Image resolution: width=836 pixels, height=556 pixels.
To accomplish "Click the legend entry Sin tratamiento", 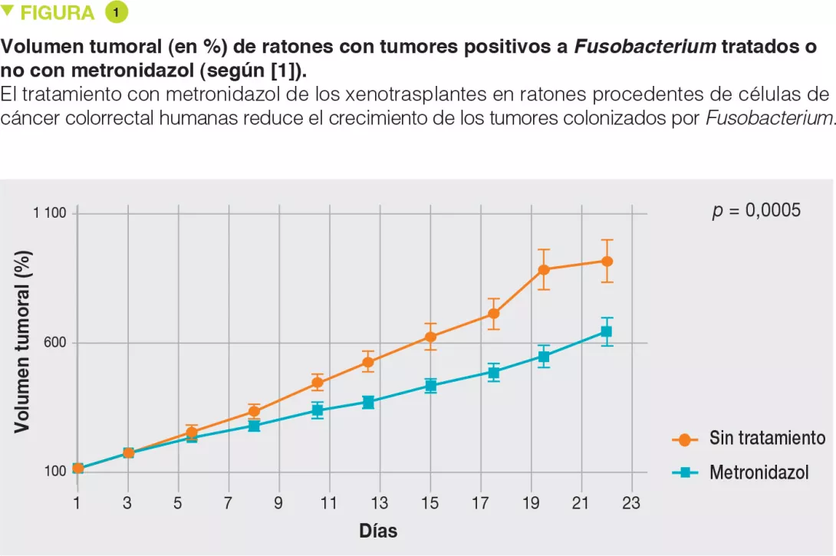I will (x=767, y=438).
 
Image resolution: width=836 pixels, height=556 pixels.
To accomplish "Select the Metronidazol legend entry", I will (x=759, y=472).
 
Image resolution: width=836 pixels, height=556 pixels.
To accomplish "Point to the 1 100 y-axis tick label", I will (x=50, y=213).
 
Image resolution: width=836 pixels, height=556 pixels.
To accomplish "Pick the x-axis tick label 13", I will (x=380, y=503).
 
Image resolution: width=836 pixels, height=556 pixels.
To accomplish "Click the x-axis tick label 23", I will (x=631, y=503).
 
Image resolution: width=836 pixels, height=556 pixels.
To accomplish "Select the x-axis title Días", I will (x=378, y=531).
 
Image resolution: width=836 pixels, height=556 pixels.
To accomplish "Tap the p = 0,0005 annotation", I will (x=756, y=211).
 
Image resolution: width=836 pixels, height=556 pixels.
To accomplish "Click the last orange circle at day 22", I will (x=607, y=261).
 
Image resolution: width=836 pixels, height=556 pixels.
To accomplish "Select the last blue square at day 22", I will (x=606, y=331).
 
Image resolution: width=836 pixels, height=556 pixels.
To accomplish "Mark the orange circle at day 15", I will (x=430, y=337).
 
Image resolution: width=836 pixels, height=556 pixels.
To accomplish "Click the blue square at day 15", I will (x=430, y=385).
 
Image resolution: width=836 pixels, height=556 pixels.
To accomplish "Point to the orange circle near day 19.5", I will (x=544, y=269).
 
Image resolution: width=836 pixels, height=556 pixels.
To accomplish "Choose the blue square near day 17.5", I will (x=494, y=373).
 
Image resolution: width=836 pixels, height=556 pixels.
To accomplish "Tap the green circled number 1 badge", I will (x=116, y=13).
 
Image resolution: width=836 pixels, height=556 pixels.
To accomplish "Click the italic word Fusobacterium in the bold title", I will (x=646, y=47).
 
